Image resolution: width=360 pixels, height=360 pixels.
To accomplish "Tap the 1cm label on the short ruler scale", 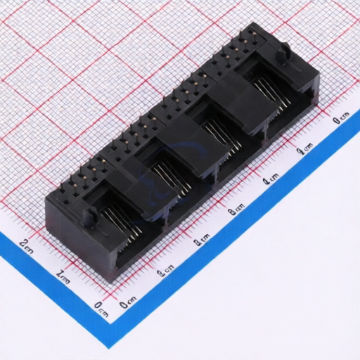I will (63, 275).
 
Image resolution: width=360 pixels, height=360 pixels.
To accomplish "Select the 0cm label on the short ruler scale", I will (101, 306).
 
